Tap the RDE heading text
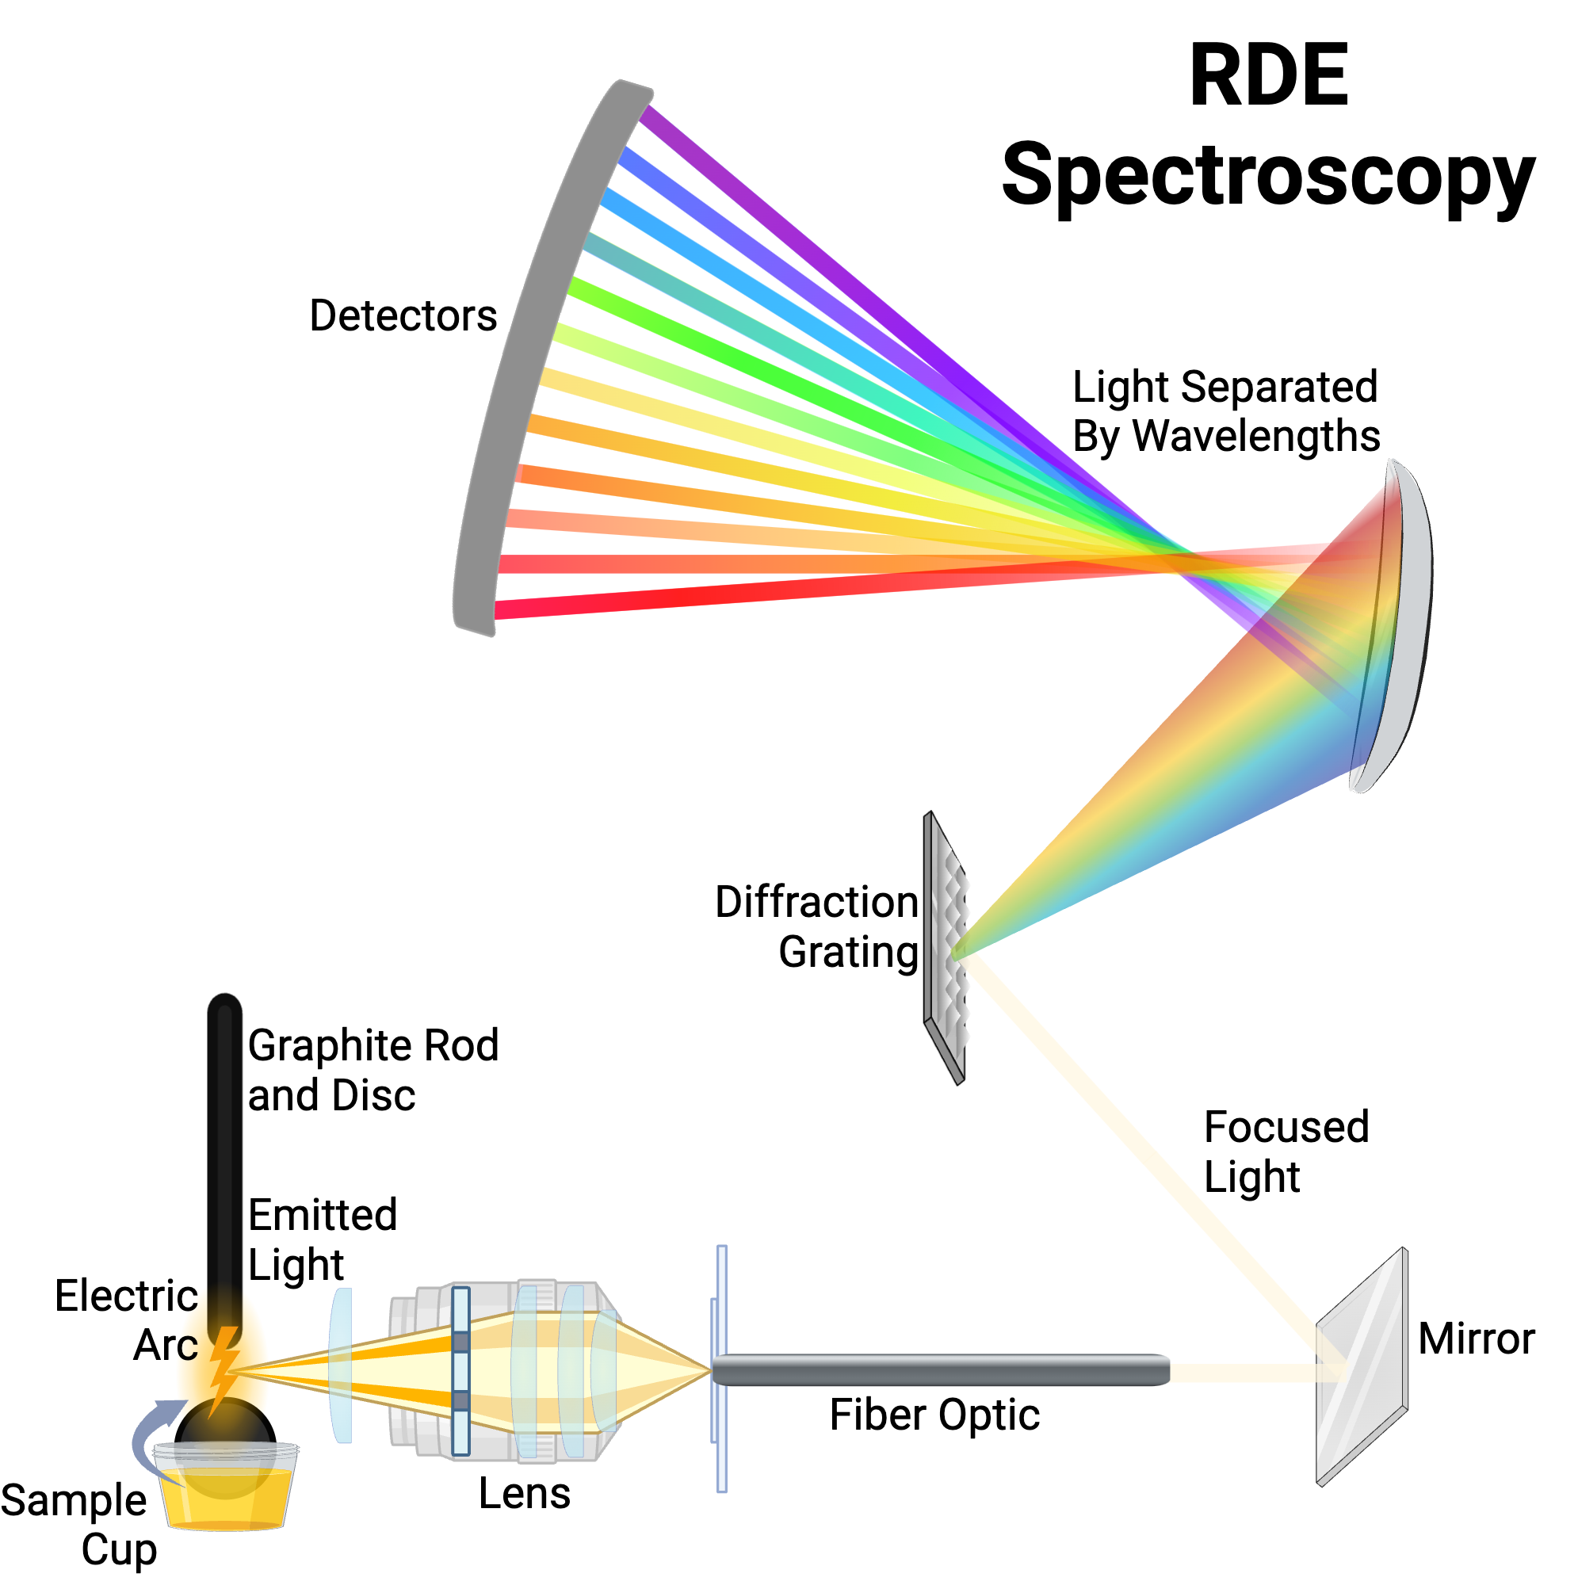(x=1269, y=76)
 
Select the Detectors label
(x=403, y=316)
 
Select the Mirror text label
(x=1477, y=1339)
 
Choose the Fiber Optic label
(x=934, y=1415)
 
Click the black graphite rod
(x=224, y=1148)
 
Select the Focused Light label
(x=1286, y=1152)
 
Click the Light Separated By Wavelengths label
(x=1226, y=411)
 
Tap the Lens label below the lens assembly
(x=525, y=1493)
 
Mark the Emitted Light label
(x=323, y=1239)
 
